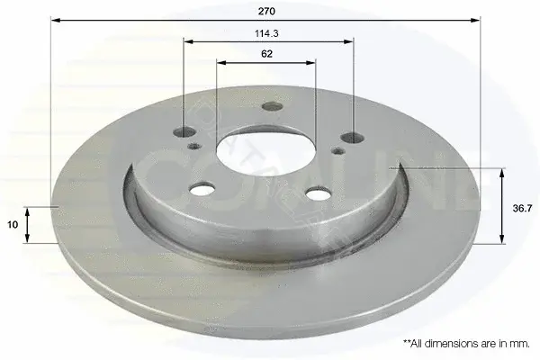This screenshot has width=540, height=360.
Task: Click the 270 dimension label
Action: point(266,12)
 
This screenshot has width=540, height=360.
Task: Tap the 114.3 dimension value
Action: point(266,33)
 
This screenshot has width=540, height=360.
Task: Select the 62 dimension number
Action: point(266,54)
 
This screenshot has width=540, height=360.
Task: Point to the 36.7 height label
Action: point(522,208)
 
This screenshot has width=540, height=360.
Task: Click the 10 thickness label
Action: point(13,225)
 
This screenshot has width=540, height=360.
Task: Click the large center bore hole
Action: point(265,154)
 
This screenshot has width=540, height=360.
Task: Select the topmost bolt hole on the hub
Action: point(272,106)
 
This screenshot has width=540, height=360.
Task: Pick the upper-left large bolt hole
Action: point(184,131)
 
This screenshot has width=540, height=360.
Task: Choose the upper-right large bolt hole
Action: point(352,138)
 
